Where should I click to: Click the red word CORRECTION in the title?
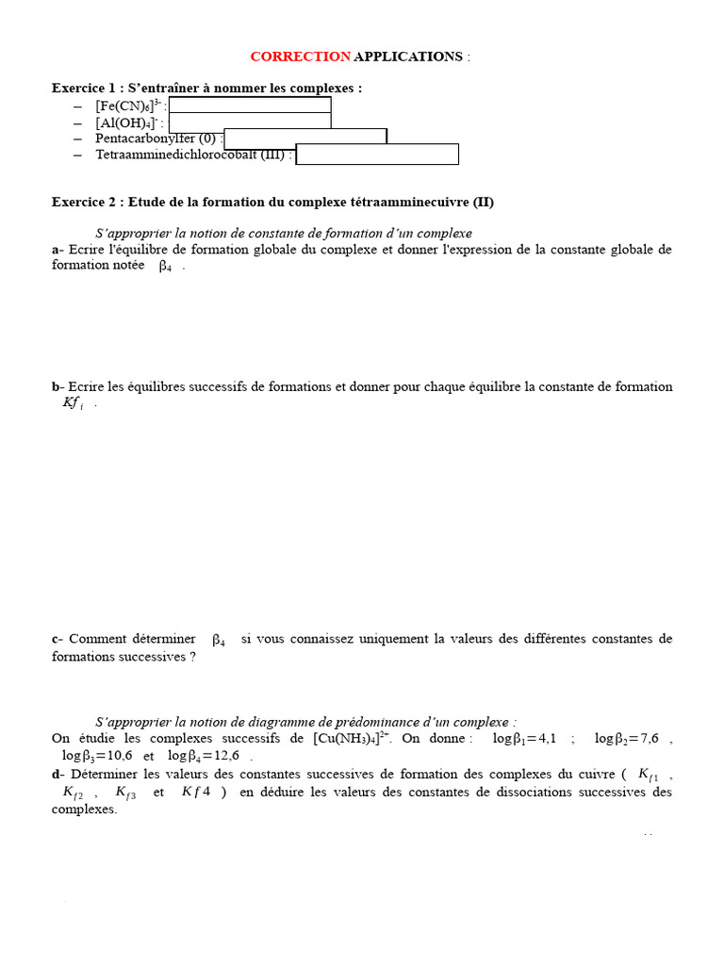(x=300, y=57)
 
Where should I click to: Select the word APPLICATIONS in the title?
(x=407, y=57)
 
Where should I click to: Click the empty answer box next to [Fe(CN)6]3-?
(x=250, y=105)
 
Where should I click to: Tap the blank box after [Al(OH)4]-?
(x=250, y=121)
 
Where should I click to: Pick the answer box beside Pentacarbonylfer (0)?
(x=305, y=137)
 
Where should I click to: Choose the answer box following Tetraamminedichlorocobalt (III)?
(x=377, y=154)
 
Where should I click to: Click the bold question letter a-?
(x=58, y=250)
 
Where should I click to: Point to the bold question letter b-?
(x=58, y=386)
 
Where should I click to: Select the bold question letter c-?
(x=57, y=639)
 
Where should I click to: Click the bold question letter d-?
(x=58, y=775)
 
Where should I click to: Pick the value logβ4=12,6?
(x=204, y=756)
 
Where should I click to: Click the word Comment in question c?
(x=98, y=639)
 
